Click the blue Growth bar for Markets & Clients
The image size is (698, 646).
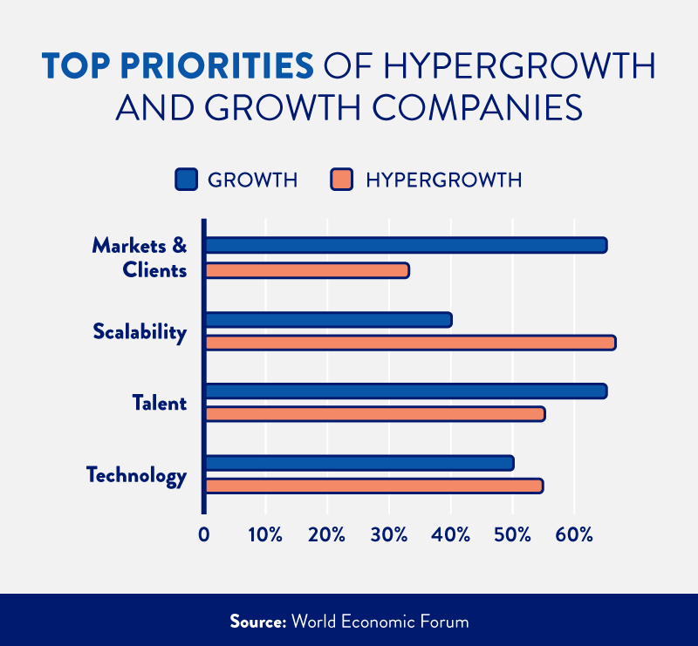click(406, 245)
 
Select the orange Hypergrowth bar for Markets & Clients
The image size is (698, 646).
click(306, 270)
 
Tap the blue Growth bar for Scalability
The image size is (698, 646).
click(328, 320)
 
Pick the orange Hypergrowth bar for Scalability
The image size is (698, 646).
click(410, 342)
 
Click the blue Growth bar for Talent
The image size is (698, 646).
click(406, 391)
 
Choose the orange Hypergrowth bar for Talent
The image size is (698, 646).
click(374, 414)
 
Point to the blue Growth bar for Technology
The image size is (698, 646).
click(359, 463)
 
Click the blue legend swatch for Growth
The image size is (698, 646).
click(187, 180)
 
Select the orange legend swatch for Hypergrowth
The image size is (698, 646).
click(341, 180)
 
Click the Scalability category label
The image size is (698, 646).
click(140, 332)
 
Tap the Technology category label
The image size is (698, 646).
click(136, 476)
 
